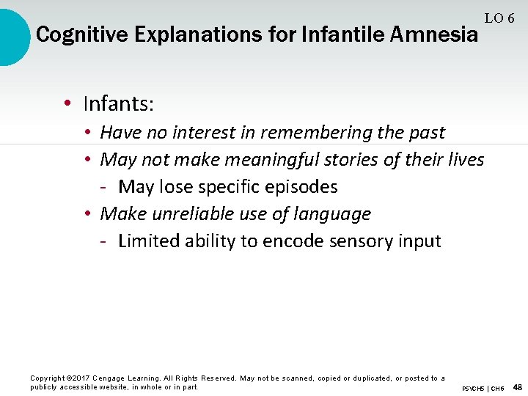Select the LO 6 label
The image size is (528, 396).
click(499, 18)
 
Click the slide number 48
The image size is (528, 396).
click(518, 387)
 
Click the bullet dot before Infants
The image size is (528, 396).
click(67, 104)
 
